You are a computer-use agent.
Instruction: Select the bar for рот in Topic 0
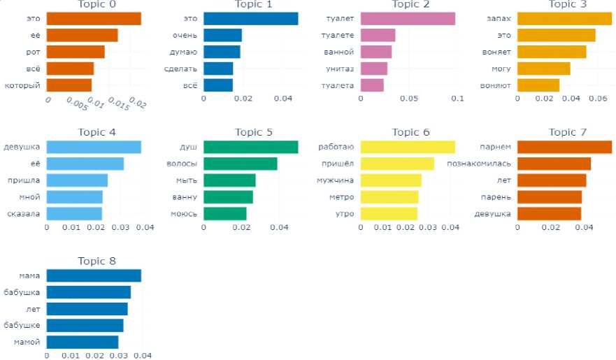tap(76, 52)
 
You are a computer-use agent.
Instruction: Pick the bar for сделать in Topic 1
tap(218, 69)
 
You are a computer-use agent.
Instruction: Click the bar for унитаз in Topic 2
tap(373, 69)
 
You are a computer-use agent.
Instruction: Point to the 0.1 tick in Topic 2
tap(457, 99)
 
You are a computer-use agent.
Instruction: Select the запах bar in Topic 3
tap(564, 19)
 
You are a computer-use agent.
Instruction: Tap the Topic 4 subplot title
tap(93, 131)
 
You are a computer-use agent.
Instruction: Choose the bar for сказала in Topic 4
tap(74, 213)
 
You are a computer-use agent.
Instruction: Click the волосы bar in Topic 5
tap(240, 164)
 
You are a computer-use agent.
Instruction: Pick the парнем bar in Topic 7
tap(564, 147)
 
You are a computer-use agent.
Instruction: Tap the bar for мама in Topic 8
tap(94, 275)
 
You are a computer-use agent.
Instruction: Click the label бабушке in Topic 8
tap(22, 325)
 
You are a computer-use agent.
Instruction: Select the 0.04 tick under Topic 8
tap(143, 355)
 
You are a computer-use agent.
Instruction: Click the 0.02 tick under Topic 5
tap(241, 226)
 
